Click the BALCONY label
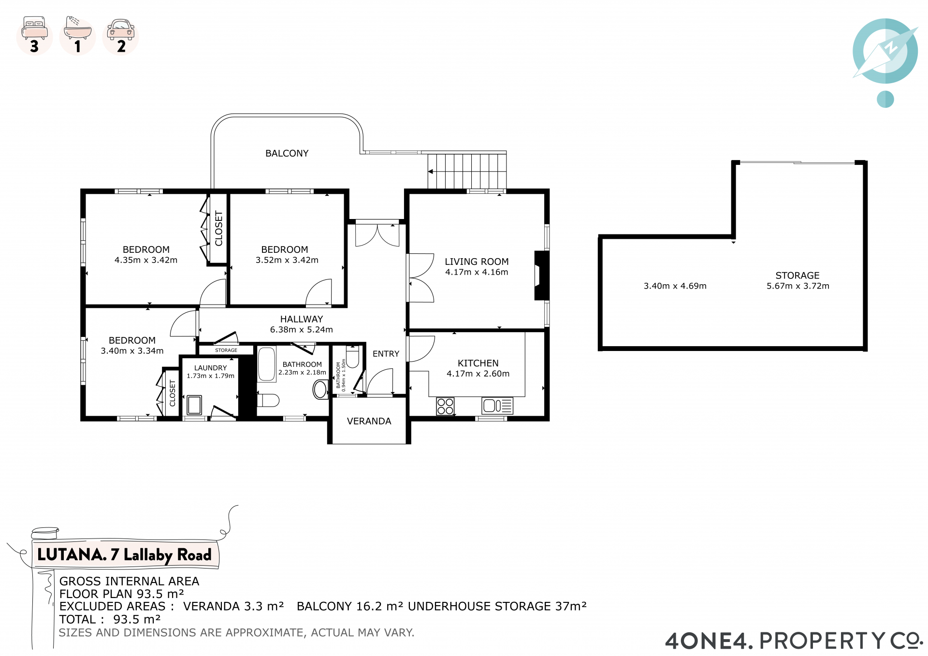(287, 153)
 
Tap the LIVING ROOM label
(477, 262)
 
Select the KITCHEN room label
(478, 363)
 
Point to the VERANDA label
(369, 421)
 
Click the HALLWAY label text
(302, 319)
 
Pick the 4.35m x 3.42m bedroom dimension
(146, 260)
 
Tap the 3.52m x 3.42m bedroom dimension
(287, 260)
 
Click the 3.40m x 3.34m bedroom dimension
(132, 351)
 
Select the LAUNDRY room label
(210, 368)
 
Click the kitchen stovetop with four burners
(445, 406)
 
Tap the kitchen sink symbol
(497, 406)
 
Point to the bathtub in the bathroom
(267, 364)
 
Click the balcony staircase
(467, 171)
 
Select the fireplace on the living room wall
(541, 276)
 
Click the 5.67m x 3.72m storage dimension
(798, 286)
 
